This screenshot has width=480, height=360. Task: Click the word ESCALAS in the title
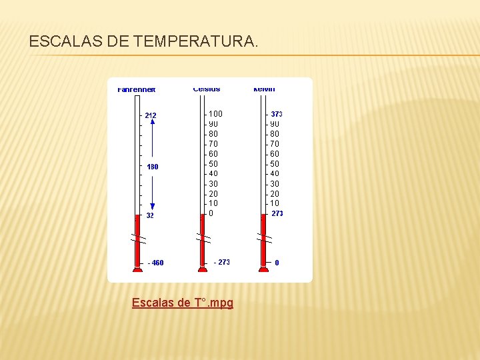tap(64, 42)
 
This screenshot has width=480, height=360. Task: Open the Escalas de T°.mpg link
tap(182, 303)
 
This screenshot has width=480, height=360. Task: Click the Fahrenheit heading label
tap(137, 89)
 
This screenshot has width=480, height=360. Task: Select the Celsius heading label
tap(207, 89)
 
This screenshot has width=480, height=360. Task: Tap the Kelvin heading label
tap(264, 89)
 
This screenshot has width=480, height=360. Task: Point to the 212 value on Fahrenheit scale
tap(151, 116)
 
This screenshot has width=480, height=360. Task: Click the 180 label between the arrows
tap(153, 167)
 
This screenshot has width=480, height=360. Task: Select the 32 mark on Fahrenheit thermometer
tap(150, 216)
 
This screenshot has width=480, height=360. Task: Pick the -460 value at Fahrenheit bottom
tap(155, 263)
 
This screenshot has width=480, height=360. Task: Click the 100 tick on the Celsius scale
tap(216, 114)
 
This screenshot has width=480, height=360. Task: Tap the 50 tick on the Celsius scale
tap(213, 164)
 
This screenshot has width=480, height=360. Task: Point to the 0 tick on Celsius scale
tap(211, 213)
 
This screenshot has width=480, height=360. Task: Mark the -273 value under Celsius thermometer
tap(222, 262)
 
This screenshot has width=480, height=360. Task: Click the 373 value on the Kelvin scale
tap(277, 115)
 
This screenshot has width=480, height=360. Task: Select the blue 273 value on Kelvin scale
tap(277, 214)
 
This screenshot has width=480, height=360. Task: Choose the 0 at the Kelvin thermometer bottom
tap(277, 263)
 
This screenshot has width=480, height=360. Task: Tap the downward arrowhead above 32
tap(153, 207)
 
